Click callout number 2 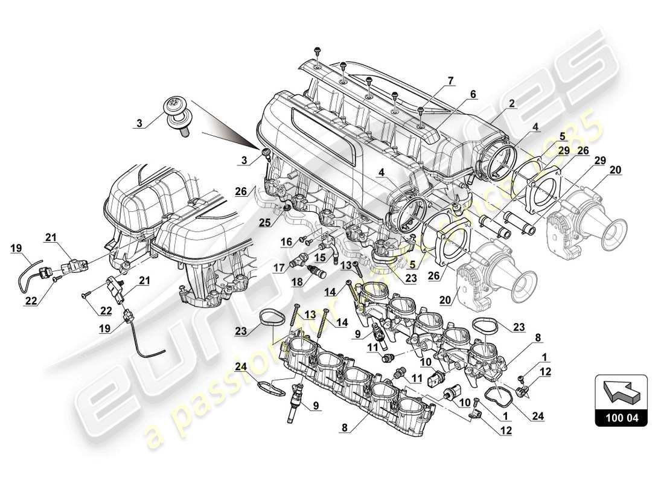(x=511, y=103)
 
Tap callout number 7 (x=449, y=80)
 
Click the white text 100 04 (x=621, y=417)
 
